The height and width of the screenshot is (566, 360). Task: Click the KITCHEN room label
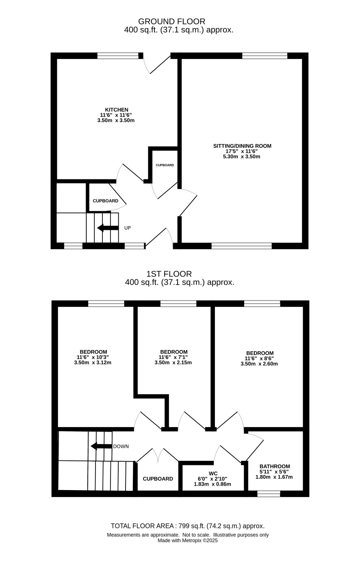click(117, 110)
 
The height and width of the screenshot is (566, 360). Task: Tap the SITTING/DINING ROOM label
click(242, 146)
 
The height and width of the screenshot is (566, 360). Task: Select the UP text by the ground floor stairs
click(128, 228)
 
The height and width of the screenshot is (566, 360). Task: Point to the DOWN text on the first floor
click(121, 447)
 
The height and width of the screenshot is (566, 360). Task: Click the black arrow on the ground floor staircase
click(108, 228)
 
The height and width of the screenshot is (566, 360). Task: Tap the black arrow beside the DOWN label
click(101, 446)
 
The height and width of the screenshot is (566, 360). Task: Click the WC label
click(213, 473)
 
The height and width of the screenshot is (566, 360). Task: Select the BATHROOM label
click(275, 466)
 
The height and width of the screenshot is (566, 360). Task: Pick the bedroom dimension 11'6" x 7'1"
click(173, 357)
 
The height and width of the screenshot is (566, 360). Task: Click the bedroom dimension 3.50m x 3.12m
click(93, 363)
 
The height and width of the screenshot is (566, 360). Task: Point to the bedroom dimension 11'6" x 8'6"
click(259, 358)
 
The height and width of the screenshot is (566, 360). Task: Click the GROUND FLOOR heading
click(171, 21)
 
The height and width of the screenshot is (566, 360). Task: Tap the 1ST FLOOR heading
click(169, 274)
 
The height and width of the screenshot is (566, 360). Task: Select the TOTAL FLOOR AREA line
click(188, 526)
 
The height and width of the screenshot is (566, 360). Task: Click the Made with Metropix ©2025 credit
click(188, 540)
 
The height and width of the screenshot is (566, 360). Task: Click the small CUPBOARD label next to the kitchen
click(165, 165)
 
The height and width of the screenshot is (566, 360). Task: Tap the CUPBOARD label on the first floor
click(158, 479)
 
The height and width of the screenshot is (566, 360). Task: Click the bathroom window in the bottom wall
click(269, 494)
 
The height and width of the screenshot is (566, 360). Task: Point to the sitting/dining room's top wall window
click(265, 56)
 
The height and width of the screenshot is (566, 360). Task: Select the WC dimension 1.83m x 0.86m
click(213, 484)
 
